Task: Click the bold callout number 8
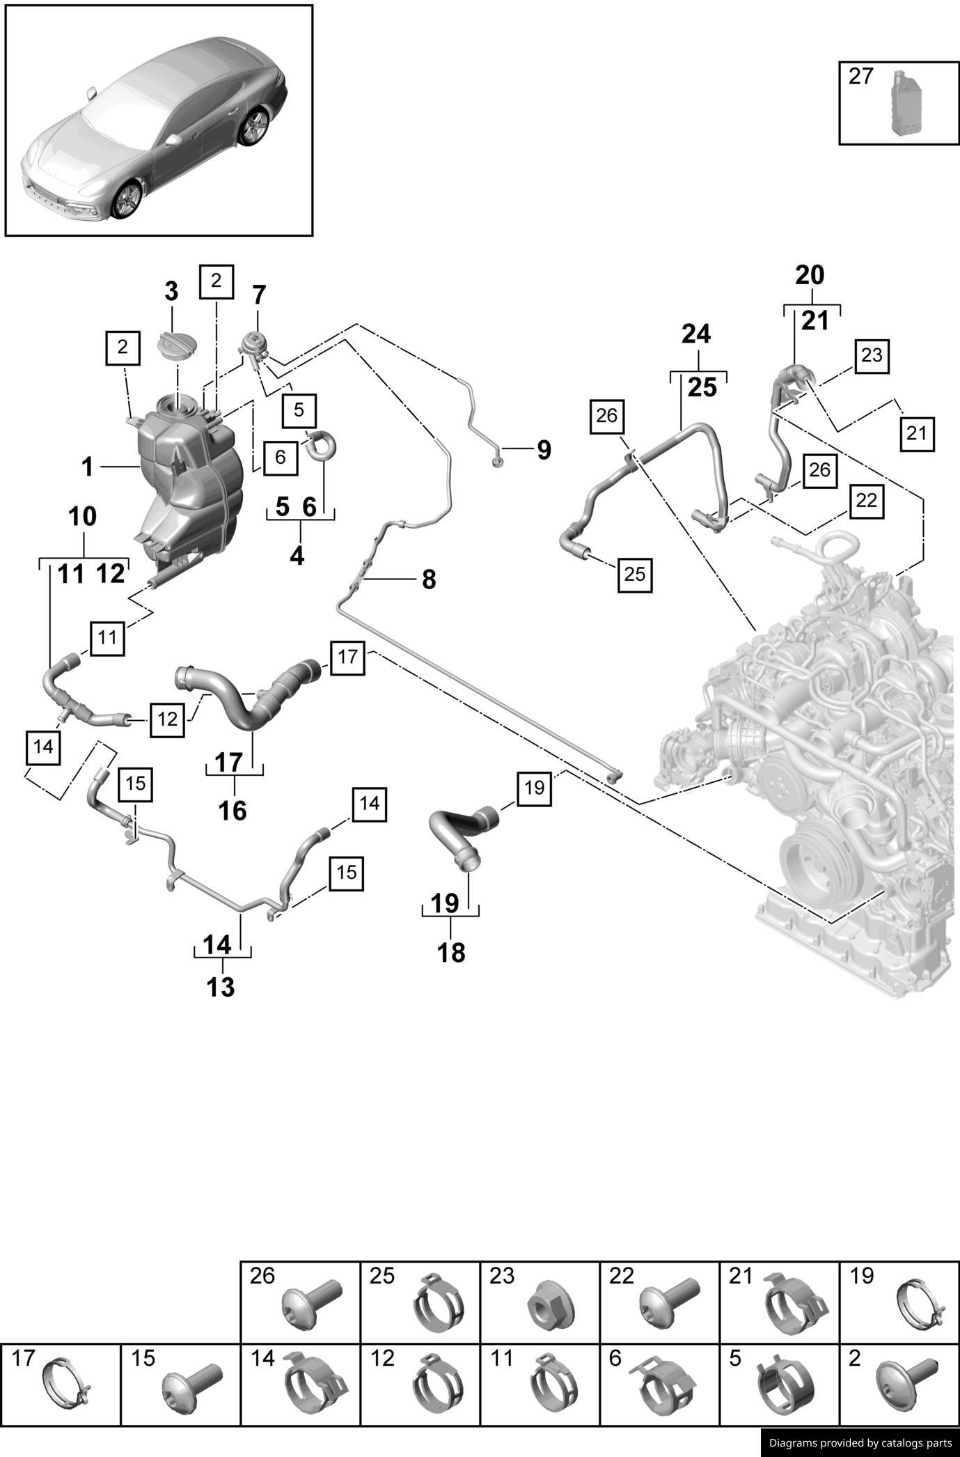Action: pos(429,579)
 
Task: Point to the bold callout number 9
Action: pos(544,450)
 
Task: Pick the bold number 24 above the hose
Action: pos(696,335)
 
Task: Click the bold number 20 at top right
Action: pos(810,276)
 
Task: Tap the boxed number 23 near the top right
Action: pos(871,356)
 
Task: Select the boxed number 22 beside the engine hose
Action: pos(866,500)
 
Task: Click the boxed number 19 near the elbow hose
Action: pos(534,788)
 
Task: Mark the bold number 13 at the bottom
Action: pos(221,987)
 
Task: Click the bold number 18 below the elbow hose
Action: pos(451,953)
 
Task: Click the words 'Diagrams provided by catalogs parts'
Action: pos(860,1443)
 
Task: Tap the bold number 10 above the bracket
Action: pos(83,517)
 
